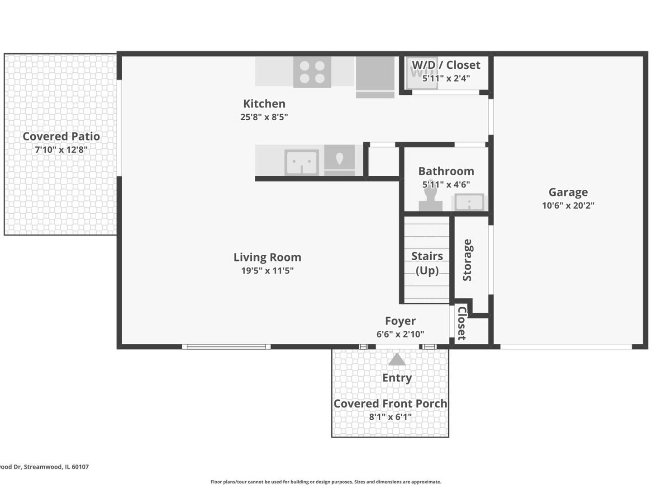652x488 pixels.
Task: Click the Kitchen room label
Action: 264,103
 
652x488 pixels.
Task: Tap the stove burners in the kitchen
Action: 312,72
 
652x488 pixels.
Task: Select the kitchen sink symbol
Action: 301,162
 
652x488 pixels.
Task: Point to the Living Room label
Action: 267,257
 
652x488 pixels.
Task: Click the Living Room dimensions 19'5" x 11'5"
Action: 267,271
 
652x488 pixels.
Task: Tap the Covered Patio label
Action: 61,136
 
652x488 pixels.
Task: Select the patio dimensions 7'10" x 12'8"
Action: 61,150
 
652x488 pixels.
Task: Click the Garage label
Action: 568,192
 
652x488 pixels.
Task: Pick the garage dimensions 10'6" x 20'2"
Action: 568,205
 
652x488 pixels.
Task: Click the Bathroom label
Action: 446,171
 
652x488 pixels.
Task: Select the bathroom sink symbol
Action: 469,202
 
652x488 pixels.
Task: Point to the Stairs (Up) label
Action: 427,263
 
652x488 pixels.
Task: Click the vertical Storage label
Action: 467,260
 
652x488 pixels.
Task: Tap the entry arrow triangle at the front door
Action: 397,359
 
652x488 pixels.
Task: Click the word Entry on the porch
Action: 397,378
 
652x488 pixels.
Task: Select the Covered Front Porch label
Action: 390,404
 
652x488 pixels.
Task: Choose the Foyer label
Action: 400,321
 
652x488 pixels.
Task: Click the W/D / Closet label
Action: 446,65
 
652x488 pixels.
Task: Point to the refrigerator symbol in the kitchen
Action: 375,77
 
